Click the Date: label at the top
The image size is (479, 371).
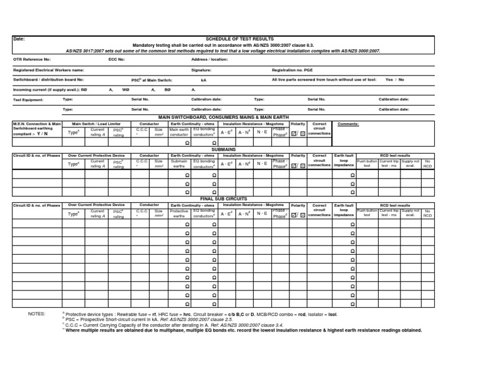coord(19,39)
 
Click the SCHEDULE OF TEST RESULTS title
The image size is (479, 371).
coord(239,39)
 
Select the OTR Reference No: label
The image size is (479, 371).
coord(32,59)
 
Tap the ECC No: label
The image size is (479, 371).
coord(117,59)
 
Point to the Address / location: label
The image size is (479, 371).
coord(210,59)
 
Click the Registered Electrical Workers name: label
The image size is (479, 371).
coord(48,70)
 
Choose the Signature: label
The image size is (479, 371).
coord(201,70)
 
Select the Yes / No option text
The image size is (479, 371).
coord(395,80)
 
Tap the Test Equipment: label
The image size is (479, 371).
coord(27,99)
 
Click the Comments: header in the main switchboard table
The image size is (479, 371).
coord(347,124)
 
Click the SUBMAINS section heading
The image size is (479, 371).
coord(239,150)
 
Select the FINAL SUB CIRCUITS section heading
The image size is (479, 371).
coord(239,199)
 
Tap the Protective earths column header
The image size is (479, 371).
coord(179,213)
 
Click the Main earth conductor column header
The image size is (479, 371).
coord(179,132)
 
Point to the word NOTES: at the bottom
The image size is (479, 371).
coord(37,313)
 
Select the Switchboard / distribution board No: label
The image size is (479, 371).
coord(48,80)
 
